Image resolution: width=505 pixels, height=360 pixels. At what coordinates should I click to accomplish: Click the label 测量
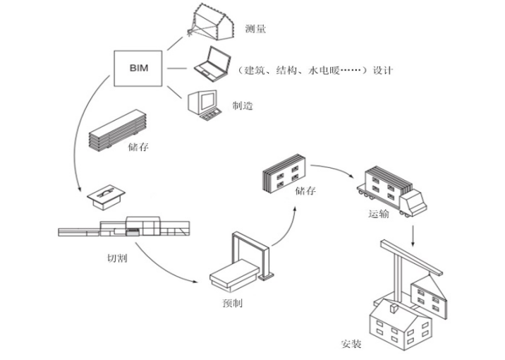pos(255,29)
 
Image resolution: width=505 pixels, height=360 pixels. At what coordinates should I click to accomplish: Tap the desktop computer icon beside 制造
pos(202,103)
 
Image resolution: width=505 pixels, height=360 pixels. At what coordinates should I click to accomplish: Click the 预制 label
pos(233,304)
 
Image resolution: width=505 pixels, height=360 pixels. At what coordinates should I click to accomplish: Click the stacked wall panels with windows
pos(284,174)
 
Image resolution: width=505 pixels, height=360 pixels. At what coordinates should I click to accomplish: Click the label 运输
pos(378,215)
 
